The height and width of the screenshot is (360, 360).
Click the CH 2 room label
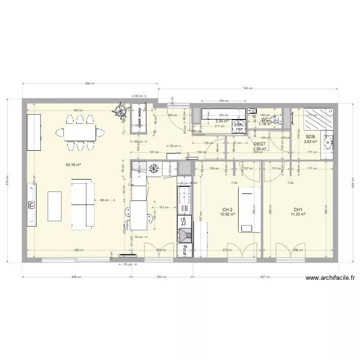click(x=228, y=210)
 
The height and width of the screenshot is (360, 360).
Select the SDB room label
click(x=310, y=136)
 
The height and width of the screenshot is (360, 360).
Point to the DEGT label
click(x=259, y=144)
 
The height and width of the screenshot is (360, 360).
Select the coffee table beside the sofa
click(x=55, y=206)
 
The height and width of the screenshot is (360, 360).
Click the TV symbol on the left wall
click(x=32, y=205)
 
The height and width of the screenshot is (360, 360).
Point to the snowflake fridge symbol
click(x=155, y=168)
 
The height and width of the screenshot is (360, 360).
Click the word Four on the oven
click(x=184, y=250)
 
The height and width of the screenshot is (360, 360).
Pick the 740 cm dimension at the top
click(x=248, y=88)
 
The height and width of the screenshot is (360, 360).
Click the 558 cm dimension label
click(x=90, y=84)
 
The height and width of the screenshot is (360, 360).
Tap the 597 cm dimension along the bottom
click(x=265, y=276)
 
